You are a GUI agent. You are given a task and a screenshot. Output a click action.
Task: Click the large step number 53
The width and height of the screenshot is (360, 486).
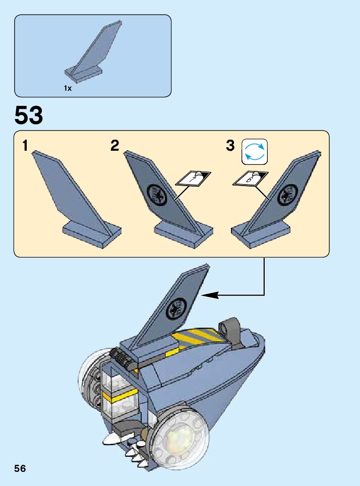[x=29, y=115]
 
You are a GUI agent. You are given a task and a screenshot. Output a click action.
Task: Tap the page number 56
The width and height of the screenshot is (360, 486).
[x=20, y=468]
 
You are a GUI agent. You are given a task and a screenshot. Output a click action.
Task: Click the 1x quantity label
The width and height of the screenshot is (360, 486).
[x=68, y=88]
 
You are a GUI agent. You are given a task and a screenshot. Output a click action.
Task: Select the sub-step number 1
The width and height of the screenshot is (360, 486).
[x=25, y=146]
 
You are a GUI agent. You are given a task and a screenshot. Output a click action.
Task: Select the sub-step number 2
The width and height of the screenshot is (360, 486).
[x=115, y=146]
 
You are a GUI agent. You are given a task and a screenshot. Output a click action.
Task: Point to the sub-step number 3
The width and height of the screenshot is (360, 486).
[x=230, y=146]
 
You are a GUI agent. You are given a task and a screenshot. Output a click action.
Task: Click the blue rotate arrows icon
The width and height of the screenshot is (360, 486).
[x=255, y=152]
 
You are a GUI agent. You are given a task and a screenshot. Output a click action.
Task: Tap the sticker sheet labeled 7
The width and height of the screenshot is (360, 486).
[x=193, y=178]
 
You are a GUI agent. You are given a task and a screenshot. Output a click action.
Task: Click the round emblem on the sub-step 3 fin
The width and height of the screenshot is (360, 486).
[x=288, y=193]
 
